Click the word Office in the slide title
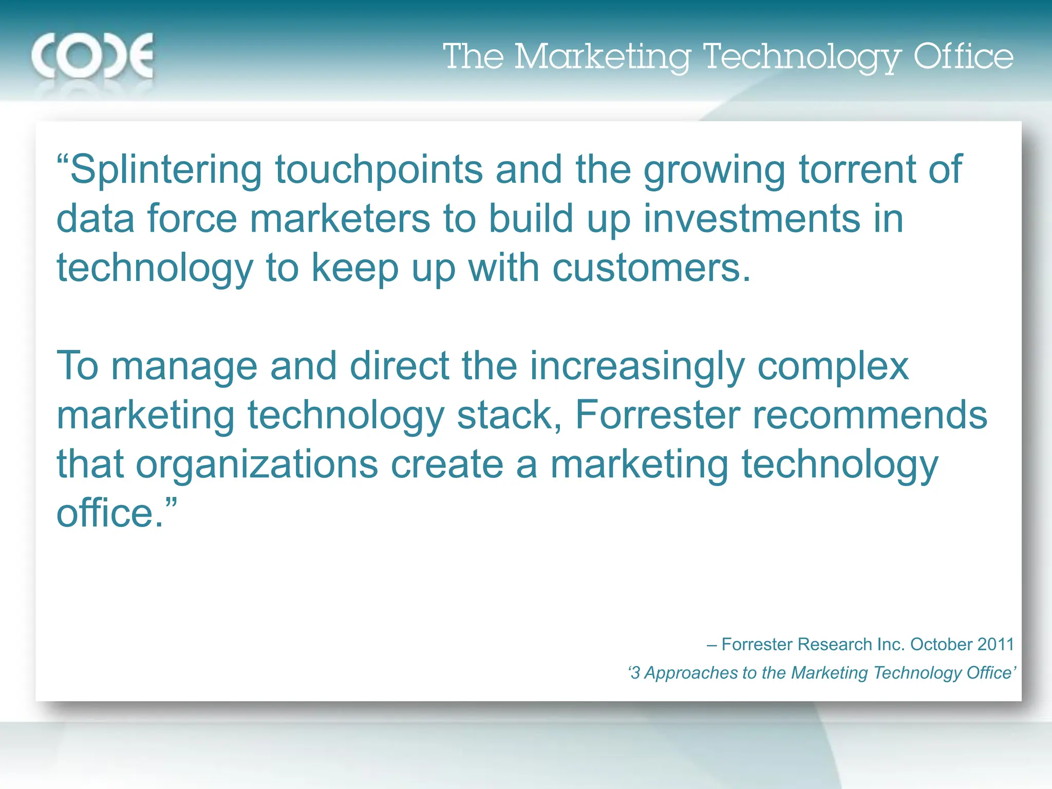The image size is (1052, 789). [963, 57]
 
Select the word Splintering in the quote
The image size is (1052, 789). [165, 171]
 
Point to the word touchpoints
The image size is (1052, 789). [379, 171]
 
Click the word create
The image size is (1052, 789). [447, 464]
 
